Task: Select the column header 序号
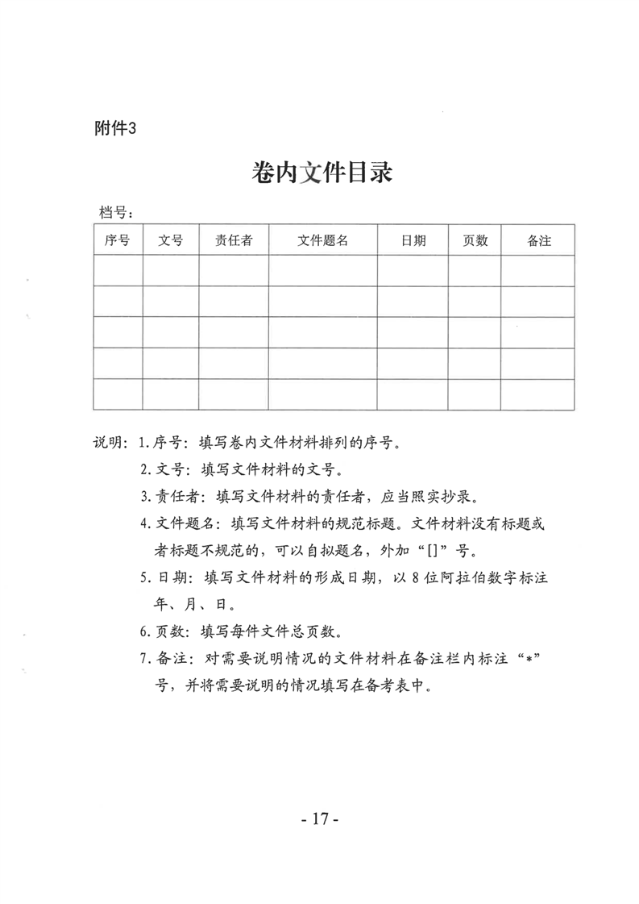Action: coord(118,240)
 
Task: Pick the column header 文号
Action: coord(170,240)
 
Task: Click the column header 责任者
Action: coord(234,240)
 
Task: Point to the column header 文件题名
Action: coord(322,240)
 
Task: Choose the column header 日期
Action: coord(413,240)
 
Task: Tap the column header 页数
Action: coord(475,240)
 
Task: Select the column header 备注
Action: coord(537,240)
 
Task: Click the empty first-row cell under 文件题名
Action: coord(322,271)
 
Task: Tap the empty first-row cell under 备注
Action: coord(537,271)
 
